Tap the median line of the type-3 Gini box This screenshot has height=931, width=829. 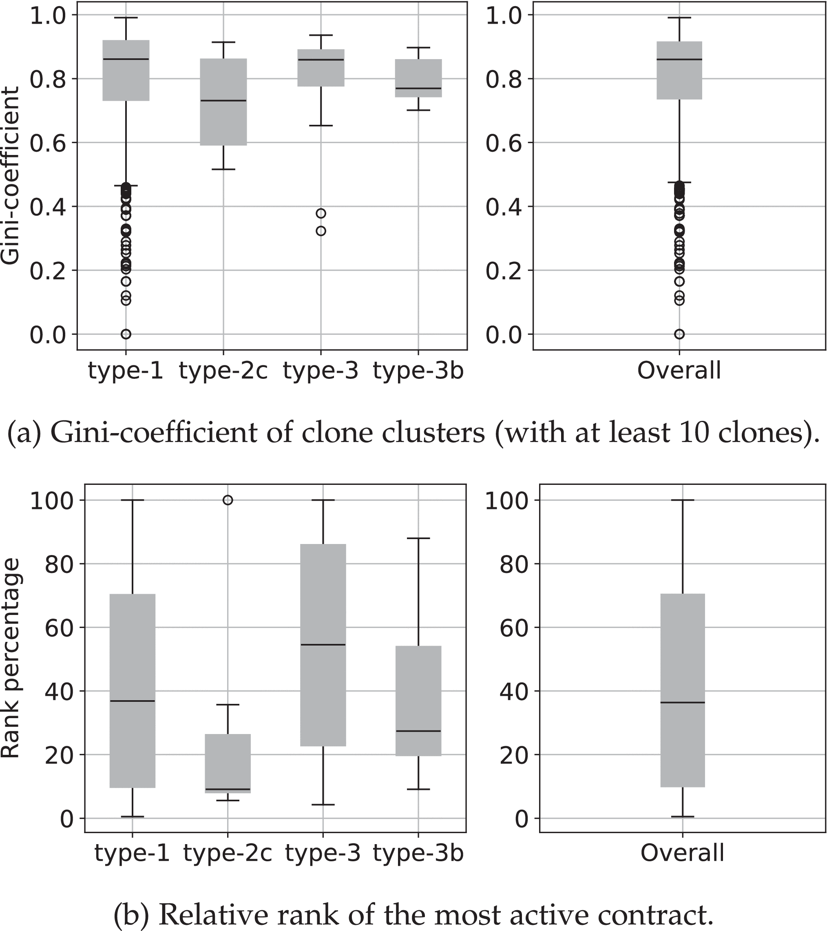(321, 60)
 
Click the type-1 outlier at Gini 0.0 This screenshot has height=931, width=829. (126, 334)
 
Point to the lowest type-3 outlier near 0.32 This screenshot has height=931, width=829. (321, 231)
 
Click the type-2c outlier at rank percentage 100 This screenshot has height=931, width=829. (228, 500)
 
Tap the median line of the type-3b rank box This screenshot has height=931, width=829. (418, 731)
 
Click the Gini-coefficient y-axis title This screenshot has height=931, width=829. (10, 175)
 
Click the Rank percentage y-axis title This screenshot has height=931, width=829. (10, 658)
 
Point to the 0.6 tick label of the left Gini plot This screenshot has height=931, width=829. (48, 143)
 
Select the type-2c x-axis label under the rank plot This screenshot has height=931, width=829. (228, 853)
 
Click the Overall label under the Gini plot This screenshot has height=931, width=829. (679, 370)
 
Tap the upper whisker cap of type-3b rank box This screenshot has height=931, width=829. (418, 538)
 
